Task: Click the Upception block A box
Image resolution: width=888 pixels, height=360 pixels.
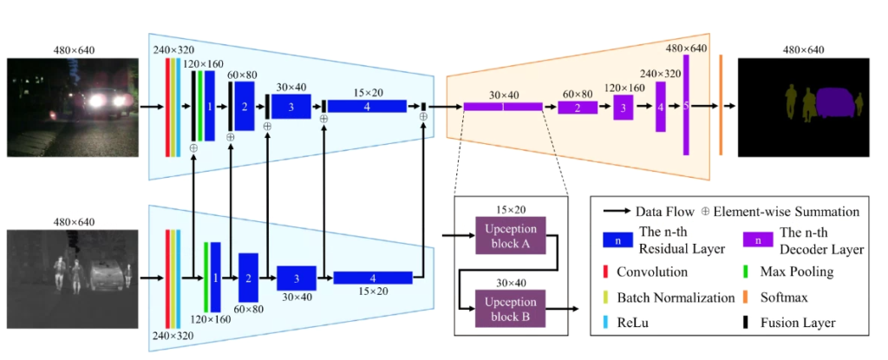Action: [x=512, y=235]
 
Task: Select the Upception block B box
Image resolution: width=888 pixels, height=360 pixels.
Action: [x=512, y=307]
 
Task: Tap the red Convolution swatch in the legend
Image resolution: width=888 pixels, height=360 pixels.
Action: [x=605, y=272]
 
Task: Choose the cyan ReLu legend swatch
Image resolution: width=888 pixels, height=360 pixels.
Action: [x=605, y=323]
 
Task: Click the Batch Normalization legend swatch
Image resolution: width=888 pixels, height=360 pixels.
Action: [x=605, y=298]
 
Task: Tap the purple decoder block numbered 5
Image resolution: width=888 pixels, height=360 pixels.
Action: [x=686, y=105]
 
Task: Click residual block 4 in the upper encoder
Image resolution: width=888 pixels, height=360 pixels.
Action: [x=367, y=106]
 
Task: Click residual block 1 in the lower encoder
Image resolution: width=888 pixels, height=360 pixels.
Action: [x=215, y=277]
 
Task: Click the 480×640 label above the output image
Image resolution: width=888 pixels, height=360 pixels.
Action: [x=802, y=49]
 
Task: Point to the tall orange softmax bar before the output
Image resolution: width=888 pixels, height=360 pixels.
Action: [x=720, y=105]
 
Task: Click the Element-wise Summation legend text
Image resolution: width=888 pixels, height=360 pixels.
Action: [x=786, y=211]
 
